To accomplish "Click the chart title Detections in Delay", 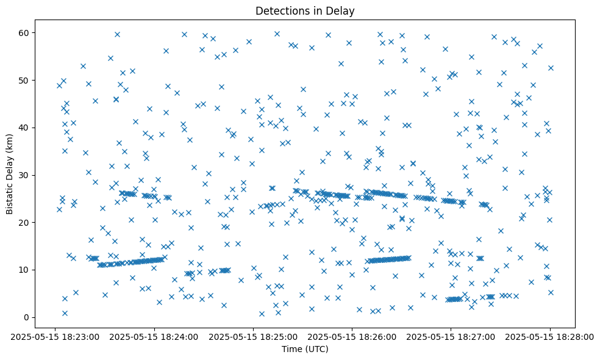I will (x=305, y=10).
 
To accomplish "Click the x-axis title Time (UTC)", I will (x=305, y=349).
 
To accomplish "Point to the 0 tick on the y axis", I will (x=27, y=317).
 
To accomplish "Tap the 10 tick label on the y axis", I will (x=25, y=270).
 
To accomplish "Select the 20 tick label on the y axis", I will (x=25, y=223).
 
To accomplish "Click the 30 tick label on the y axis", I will (x=25, y=175).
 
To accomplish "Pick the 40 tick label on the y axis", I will (x=25, y=128).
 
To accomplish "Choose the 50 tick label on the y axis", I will (x=25, y=80).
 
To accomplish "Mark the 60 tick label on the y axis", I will (x=25, y=32).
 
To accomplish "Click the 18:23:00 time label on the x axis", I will (x=55, y=336).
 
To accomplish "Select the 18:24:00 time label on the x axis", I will (x=154, y=336).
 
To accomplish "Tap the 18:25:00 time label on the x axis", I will (x=253, y=336).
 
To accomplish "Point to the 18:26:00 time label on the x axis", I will (x=352, y=336).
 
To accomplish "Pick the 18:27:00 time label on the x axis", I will (x=451, y=336).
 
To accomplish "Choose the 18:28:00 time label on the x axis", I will (x=550, y=336).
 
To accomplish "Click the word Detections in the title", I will (x=280, y=10).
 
